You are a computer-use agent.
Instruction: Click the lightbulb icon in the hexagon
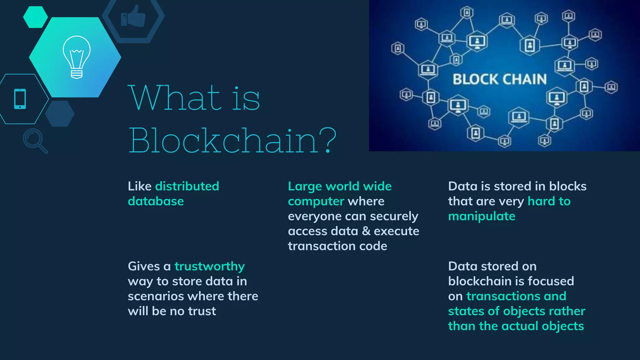click(77, 57)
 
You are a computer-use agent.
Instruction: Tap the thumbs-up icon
click(133, 16)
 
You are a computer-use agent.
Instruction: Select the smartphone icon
click(20, 99)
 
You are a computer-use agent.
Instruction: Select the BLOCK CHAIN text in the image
click(499, 79)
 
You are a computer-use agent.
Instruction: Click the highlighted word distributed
click(187, 186)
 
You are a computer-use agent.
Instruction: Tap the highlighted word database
click(156, 201)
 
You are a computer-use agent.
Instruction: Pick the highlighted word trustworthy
click(209, 266)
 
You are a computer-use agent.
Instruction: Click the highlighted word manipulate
click(482, 216)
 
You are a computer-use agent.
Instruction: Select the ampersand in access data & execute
click(366, 231)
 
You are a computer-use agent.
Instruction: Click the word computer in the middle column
click(316, 202)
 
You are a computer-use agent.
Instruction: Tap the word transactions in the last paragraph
click(503, 296)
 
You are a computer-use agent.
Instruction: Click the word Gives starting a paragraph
click(144, 266)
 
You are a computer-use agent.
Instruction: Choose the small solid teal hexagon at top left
click(35, 17)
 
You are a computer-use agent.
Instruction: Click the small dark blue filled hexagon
click(59, 114)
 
